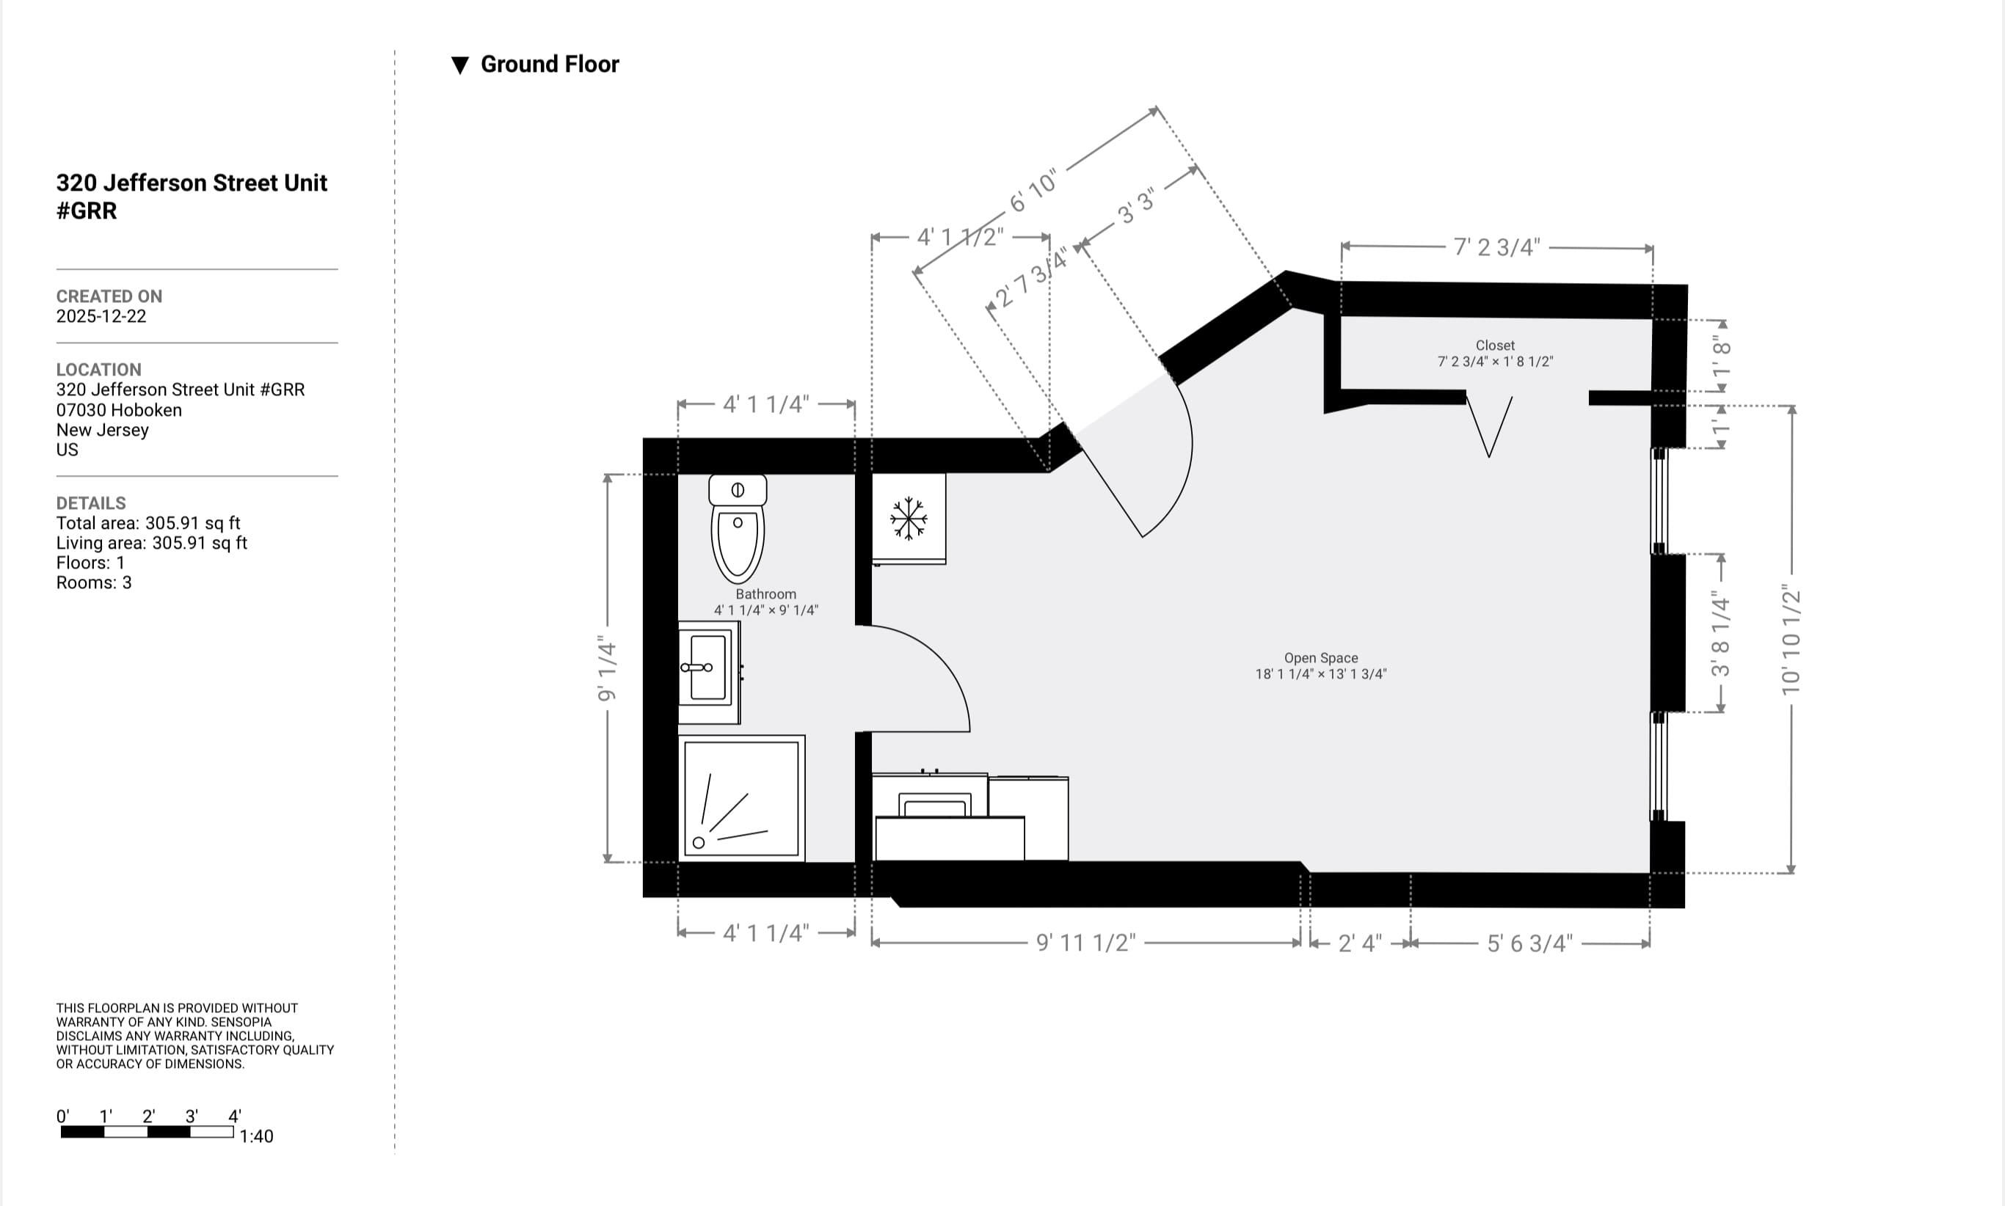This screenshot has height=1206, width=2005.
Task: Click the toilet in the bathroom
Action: pos(738,528)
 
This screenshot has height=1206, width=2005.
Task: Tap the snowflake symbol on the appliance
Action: pos(908,519)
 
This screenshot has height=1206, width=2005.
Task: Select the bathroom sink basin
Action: pos(707,668)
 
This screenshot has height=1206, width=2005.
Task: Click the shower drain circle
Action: pos(699,843)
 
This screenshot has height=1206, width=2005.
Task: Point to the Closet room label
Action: pos(1494,346)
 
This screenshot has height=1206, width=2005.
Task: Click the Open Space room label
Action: pos(1320,658)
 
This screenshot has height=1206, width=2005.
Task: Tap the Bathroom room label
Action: pos(765,594)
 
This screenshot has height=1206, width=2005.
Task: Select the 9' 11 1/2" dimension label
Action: pos(1085,943)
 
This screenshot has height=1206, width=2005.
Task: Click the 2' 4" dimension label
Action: pos(1359,943)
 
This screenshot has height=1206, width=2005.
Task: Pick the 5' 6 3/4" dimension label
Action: pos(1529,943)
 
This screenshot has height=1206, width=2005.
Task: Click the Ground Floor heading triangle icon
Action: pos(460,65)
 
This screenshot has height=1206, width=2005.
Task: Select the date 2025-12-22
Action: pos(101,316)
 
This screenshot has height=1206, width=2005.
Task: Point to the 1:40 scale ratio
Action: pos(256,1136)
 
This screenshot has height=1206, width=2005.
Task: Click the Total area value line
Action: pos(148,523)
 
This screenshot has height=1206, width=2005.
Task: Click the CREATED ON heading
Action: pos(109,296)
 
